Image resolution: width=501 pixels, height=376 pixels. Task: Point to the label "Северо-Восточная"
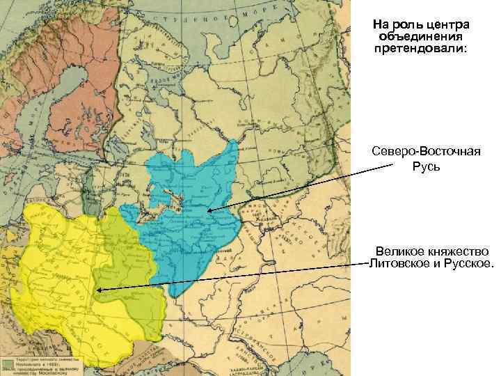coord(421,152)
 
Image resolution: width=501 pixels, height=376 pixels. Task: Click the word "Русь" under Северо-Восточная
coord(421,166)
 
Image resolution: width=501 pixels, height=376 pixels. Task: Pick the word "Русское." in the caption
coord(463,264)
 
